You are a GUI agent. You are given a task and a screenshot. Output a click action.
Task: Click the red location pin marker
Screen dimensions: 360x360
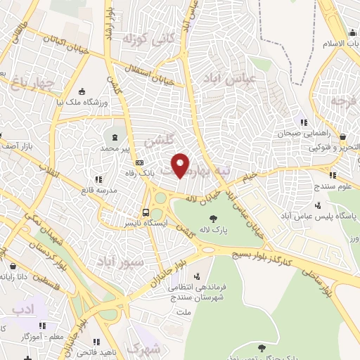pos(181,165)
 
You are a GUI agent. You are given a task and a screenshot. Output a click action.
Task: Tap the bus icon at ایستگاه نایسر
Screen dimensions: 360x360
pos(146,212)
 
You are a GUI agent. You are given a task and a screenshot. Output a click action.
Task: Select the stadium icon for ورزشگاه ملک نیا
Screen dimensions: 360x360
pos(82,91)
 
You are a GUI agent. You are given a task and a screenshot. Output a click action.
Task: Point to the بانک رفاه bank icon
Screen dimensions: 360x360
pos(139,162)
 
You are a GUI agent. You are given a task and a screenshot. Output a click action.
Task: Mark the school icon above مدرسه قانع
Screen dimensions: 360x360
pos(98,180)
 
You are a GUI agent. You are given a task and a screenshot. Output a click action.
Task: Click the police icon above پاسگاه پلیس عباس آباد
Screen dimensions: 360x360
pos(319,206)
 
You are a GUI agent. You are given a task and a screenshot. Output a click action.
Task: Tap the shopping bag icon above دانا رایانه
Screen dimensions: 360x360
pos(15,266)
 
